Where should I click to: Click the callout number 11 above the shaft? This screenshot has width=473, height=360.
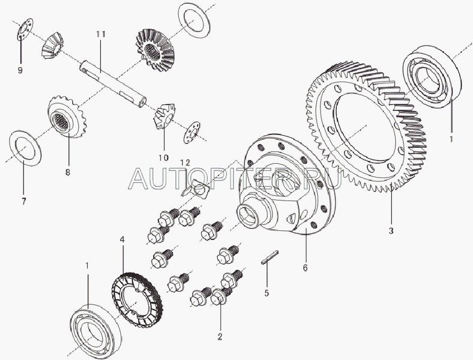[101, 34]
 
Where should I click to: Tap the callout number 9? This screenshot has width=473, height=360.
[20, 71]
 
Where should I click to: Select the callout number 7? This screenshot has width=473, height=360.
[24, 201]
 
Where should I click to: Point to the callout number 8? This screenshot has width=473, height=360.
[68, 172]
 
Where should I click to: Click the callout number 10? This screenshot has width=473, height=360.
[164, 157]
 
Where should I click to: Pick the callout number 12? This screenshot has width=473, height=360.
[185, 163]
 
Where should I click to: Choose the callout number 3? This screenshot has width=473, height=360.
[391, 231]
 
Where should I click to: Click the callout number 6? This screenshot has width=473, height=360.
[306, 268]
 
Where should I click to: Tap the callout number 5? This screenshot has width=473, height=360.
[267, 293]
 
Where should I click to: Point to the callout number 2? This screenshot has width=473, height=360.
[220, 337]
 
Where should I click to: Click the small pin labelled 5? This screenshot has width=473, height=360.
[270, 257]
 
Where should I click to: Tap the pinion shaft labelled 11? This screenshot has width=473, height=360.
[113, 83]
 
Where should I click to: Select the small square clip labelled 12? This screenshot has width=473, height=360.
[196, 190]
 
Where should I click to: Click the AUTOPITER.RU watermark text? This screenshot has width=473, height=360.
[235, 179]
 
